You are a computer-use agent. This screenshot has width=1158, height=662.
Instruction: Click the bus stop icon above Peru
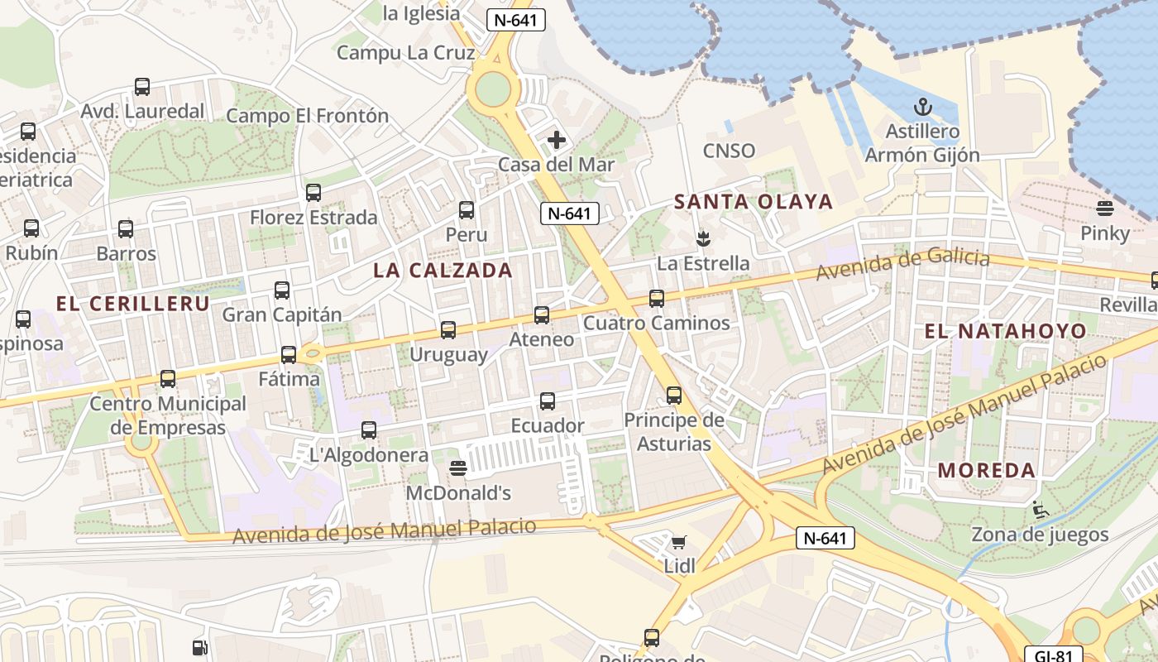click(467, 210)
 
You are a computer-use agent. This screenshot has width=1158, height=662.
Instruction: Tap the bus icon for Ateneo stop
click(542, 315)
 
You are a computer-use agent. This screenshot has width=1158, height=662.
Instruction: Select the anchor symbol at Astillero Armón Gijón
click(921, 107)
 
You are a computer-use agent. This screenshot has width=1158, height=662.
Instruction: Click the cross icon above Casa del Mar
click(557, 140)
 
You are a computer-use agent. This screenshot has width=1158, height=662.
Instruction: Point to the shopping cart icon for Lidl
click(679, 543)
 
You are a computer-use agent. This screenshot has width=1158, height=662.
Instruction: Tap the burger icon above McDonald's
click(458, 469)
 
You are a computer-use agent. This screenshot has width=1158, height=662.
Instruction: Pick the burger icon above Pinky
click(1105, 209)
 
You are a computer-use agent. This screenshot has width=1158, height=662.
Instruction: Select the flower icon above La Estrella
click(703, 239)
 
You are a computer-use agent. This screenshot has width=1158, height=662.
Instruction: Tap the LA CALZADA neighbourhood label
click(443, 271)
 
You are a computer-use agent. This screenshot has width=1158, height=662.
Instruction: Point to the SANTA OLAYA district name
click(753, 202)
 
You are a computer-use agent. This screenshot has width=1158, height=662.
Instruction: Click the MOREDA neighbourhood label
click(986, 471)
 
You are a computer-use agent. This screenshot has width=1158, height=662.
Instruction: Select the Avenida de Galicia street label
click(902, 265)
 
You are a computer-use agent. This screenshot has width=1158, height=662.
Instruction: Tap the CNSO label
click(729, 151)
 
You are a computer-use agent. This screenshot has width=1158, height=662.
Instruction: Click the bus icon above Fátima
click(289, 355)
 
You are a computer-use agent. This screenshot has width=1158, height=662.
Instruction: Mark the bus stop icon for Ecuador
click(548, 401)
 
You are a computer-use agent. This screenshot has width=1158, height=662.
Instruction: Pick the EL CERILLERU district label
click(132, 304)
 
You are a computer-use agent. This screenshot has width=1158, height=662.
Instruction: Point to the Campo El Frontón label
click(307, 116)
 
